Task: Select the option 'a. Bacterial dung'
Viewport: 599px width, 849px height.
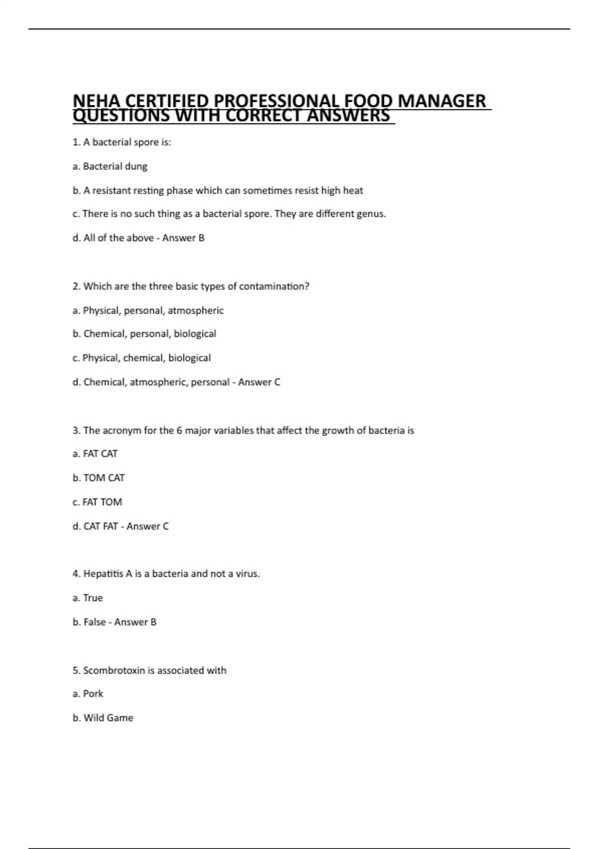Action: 110,166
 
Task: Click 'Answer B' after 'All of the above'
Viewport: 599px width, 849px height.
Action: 183,238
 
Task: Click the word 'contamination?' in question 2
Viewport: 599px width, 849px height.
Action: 274,286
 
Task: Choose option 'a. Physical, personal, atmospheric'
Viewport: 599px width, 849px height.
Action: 148,311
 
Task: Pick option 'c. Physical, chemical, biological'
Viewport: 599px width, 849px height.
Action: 141,358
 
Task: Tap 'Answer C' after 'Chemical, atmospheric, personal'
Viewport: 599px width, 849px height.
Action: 259,382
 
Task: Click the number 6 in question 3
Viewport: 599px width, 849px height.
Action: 179,430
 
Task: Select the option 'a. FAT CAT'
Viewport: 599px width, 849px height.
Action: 95,454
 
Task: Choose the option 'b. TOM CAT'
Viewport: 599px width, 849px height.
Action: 98,478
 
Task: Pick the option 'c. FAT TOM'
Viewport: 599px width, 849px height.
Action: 97,502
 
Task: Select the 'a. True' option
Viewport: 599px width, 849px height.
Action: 87,598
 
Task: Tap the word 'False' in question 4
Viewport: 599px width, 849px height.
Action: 95,622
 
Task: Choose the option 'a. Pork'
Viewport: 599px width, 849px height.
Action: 88,694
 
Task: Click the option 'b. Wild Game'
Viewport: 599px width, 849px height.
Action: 103,718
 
